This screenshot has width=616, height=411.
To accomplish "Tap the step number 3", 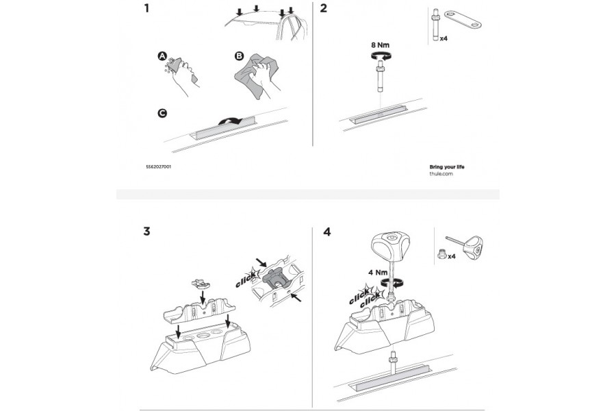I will pos(147,231).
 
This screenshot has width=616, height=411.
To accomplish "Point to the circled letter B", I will pos(239,55).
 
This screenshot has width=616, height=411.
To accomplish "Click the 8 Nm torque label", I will pos(381,46).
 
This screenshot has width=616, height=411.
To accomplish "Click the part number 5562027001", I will pos(158,167).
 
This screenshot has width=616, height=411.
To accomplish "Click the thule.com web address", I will pos(441,174).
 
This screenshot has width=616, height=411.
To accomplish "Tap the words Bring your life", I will pos(446,166).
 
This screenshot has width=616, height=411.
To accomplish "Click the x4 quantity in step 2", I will pos(444,39).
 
